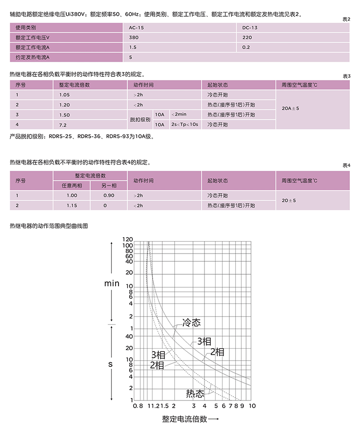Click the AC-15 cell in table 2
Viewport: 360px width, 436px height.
137,28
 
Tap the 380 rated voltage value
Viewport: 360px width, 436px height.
134,37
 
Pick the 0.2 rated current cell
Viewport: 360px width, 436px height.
247,47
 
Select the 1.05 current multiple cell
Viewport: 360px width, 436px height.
64,95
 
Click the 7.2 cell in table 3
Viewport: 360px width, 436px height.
62,125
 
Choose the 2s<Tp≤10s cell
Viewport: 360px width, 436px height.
185,125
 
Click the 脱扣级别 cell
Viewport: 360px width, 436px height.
141,120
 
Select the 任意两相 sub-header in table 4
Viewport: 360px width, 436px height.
72,185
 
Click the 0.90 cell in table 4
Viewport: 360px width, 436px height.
109,195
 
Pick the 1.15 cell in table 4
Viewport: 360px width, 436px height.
72,206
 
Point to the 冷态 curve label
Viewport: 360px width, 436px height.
191,323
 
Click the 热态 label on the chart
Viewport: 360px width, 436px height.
195,394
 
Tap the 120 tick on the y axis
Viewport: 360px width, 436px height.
127,240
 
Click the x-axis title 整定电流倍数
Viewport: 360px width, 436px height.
185,419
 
